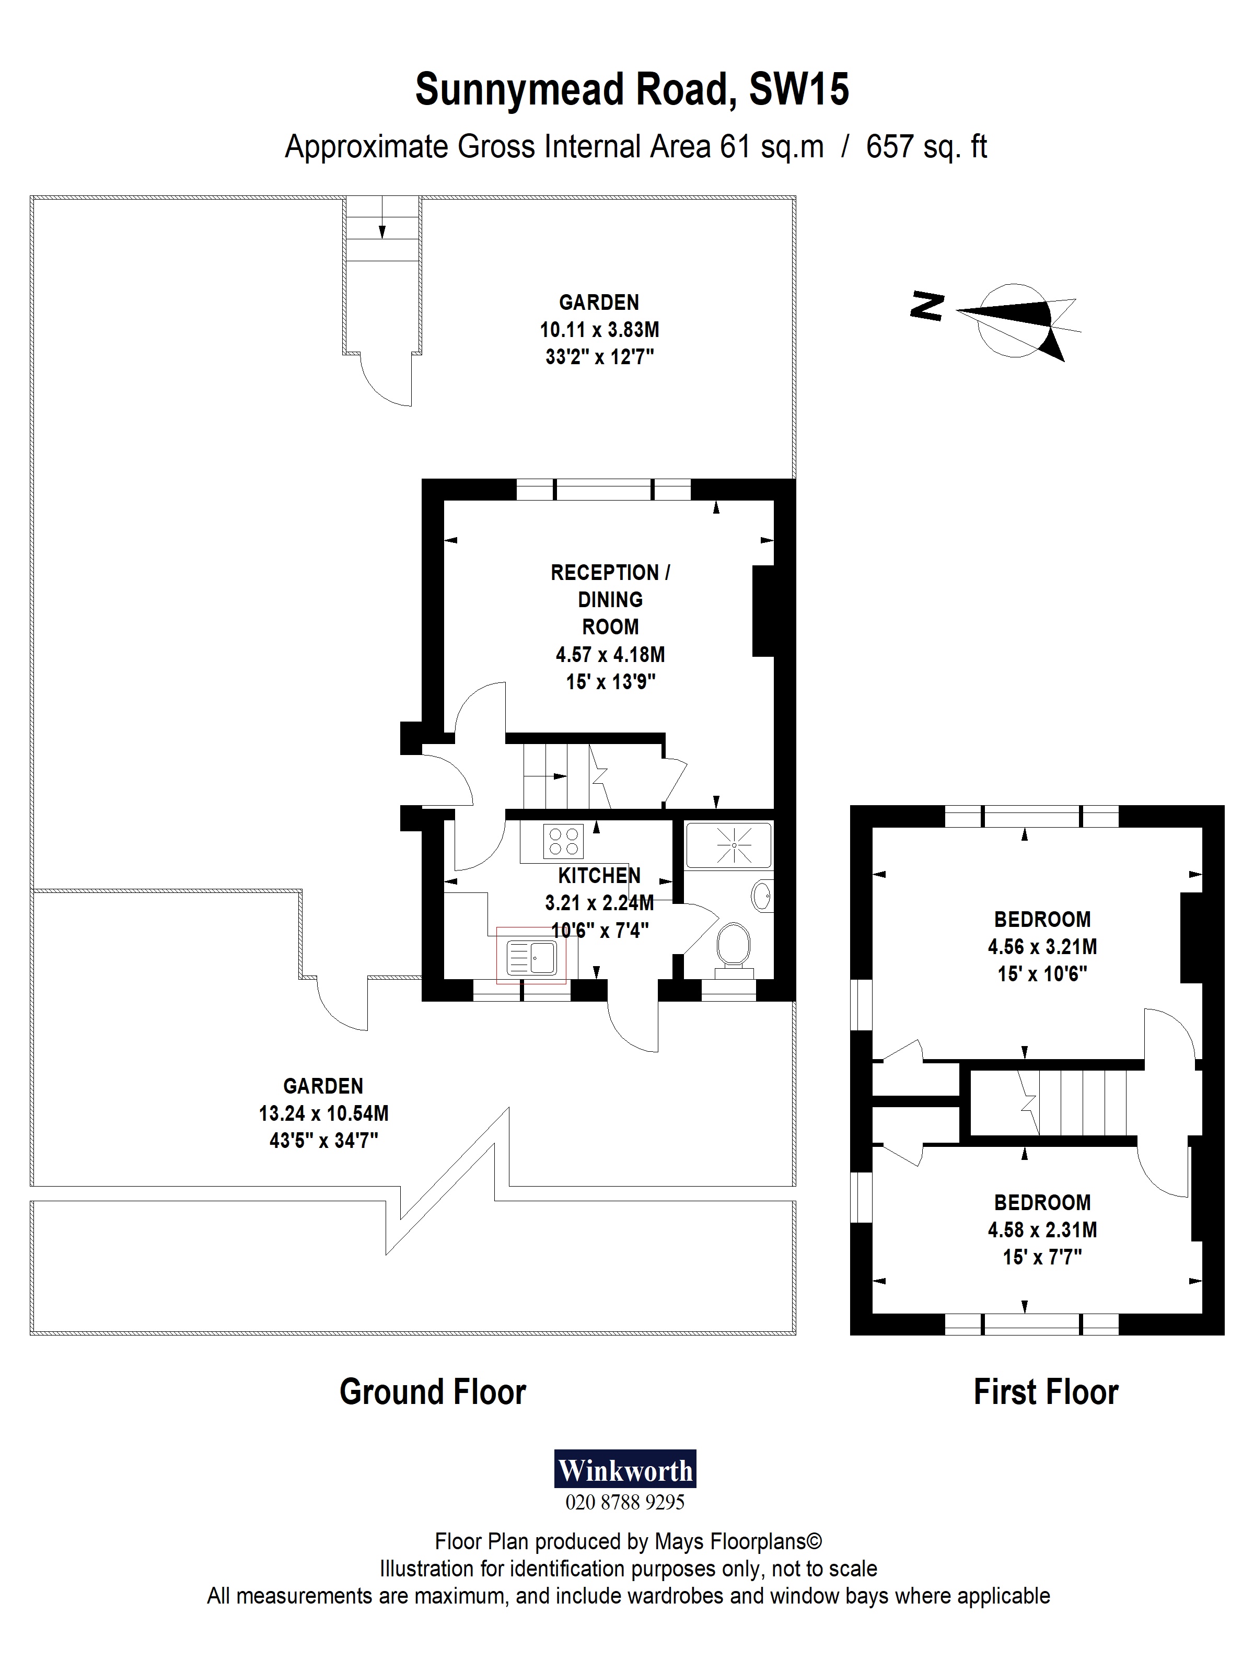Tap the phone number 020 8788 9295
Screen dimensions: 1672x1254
pyautogui.click(x=624, y=1502)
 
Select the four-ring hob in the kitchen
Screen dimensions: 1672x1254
pyautogui.click(x=564, y=841)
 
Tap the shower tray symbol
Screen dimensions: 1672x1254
pyautogui.click(x=728, y=845)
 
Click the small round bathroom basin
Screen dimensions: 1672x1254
pyautogui.click(x=762, y=897)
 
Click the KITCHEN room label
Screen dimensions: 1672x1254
pyautogui.click(x=599, y=875)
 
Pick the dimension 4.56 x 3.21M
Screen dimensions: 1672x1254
pyautogui.click(x=1041, y=946)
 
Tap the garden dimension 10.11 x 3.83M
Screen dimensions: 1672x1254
pyautogui.click(x=599, y=330)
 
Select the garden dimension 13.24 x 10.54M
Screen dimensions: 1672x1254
pyautogui.click(x=323, y=1112)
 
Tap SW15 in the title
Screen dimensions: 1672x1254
pyautogui.click(x=798, y=89)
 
